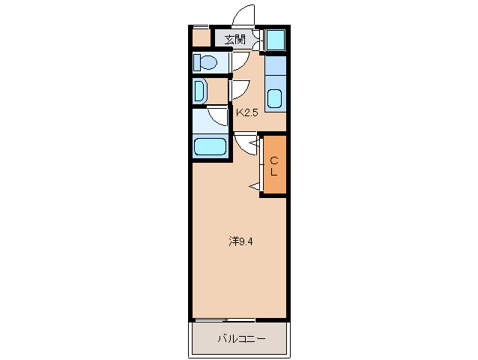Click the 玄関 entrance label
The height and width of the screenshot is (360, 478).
coord(235,39)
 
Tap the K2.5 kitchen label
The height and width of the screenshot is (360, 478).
coord(248,113)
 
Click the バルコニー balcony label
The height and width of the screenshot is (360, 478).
coord(240,339)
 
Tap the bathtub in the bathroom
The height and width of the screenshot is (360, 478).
coord(210,146)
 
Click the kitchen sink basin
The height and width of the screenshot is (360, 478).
coord(275,98)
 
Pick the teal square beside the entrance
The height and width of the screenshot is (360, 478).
coord(275,39)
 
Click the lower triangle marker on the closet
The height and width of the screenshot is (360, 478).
coord(255,185)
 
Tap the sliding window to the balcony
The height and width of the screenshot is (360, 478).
coord(225,320)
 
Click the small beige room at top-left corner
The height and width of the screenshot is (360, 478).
coord(201,37)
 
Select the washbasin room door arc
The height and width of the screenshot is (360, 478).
coord(240,90)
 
